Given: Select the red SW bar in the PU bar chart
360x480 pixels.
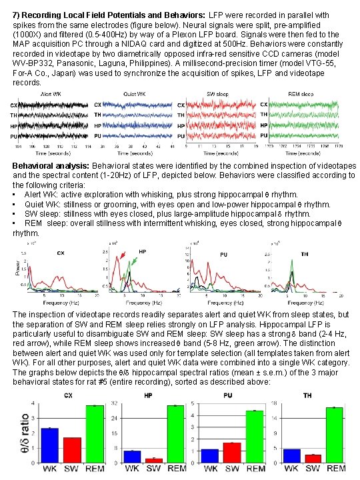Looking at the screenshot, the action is (232, 453).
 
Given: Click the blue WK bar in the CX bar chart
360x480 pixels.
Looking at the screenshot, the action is (50, 445).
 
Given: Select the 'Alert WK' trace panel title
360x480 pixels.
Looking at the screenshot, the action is (44, 95).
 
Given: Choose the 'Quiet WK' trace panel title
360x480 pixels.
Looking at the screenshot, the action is (133, 95).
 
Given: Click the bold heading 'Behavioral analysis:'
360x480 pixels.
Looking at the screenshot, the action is (54, 166).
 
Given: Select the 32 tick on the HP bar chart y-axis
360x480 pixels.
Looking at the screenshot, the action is (115, 403).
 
